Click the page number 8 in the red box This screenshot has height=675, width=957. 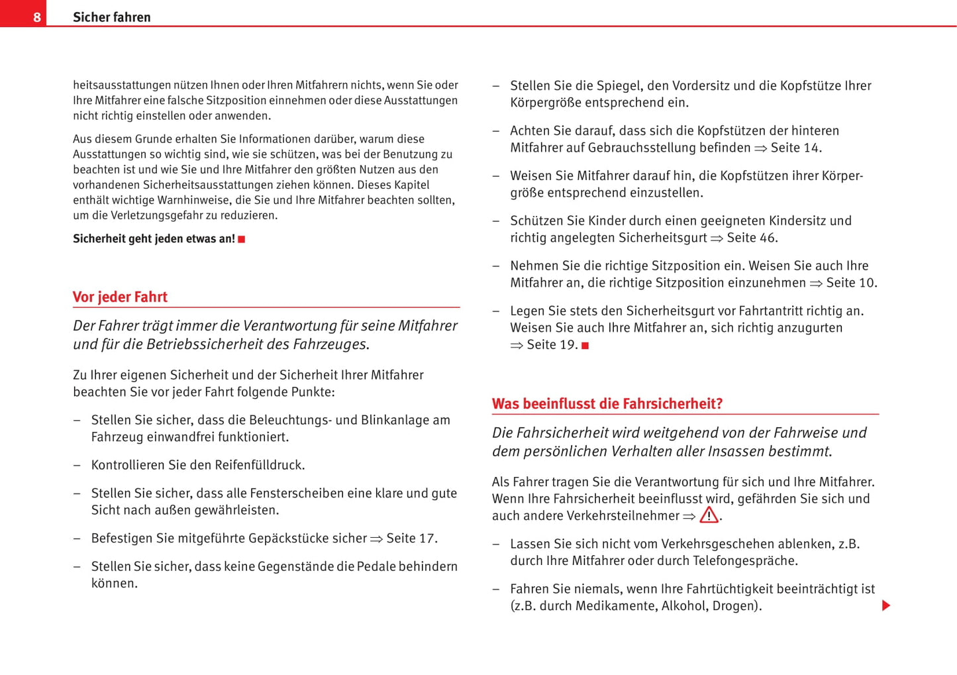coord(37,17)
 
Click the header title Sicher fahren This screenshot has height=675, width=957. coord(111,17)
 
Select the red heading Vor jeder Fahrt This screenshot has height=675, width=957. coord(120,297)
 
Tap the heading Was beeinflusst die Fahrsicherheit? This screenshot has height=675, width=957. coord(607,403)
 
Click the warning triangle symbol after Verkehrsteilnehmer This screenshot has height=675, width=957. coord(709,515)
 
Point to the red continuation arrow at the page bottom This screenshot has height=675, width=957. coord(886,605)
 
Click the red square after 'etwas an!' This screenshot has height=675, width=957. coord(242,239)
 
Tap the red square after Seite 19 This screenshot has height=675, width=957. coord(585,346)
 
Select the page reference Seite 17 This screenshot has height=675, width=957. coord(411,539)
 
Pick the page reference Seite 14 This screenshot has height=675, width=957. coord(795,148)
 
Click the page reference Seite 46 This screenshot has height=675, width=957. coord(752,238)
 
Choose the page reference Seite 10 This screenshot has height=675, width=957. coord(850,283)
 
